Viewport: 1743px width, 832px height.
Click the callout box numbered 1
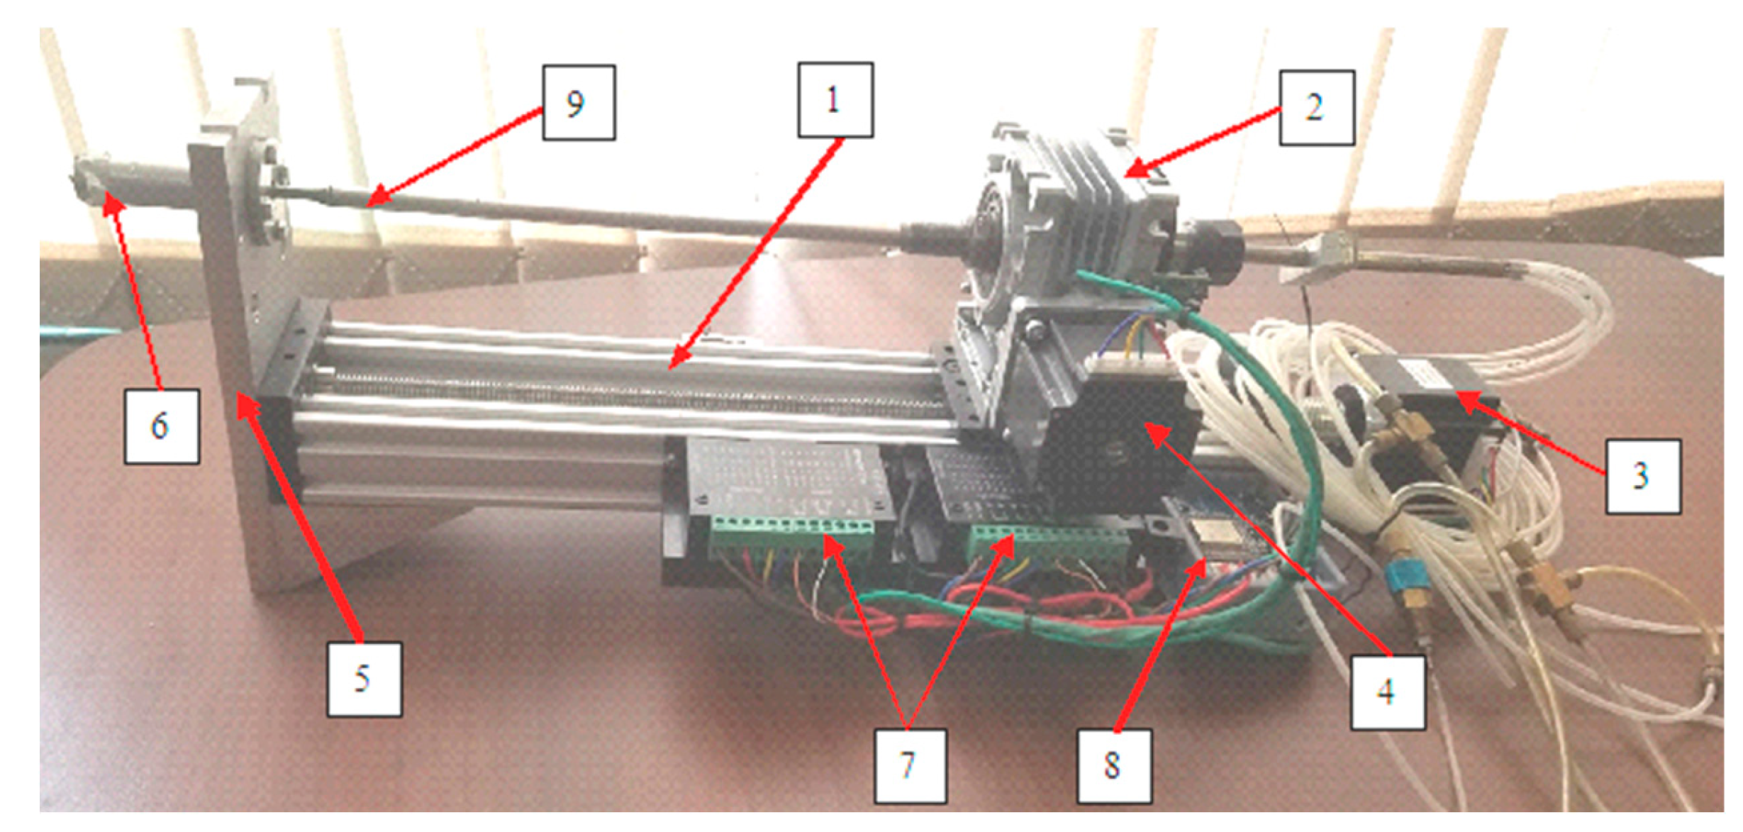pyautogui.click(x=835, y=99)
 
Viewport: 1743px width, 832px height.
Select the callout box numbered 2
pyautogui.click(x=1317, y=108)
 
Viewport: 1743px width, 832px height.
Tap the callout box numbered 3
pyautogui.click(x=1643, y=476)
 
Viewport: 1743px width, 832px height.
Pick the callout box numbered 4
pyautogui.click(x=1388, y=692)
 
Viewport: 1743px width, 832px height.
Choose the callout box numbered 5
pyautogui.click(x=364, y=680)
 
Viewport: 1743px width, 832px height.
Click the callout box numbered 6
pyautogui.click(x=162, y=426)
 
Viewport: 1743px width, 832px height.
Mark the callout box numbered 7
pyautogui.click(x=911, y=766)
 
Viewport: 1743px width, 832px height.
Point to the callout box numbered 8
pyautogui.click(x=1114, y=766)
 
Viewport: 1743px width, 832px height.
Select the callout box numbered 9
pyautogui.click(x=579, y=102)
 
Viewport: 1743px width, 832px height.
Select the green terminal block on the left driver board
pyautogui.click(x=791, y=536)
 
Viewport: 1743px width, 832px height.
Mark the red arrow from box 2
pyautogui.click(x=1203, y=140)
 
